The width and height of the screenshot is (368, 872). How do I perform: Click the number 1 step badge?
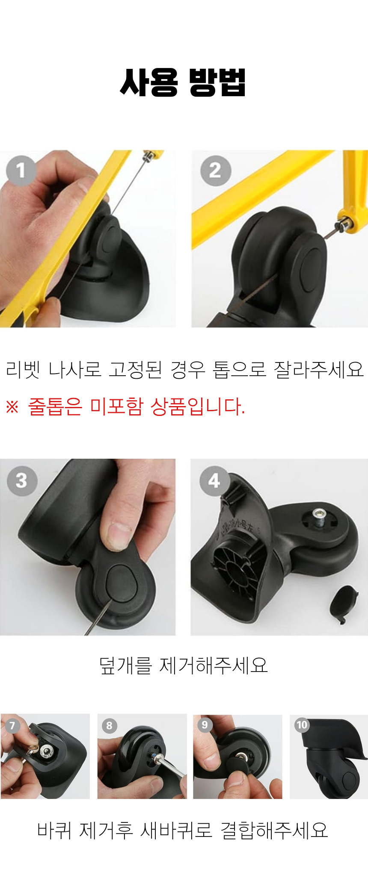coord(21,171)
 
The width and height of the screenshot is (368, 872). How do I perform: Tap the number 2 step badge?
coord(216,171)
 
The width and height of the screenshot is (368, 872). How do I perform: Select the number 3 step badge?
coord(22,480)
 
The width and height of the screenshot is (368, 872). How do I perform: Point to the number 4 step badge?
coord(215,481)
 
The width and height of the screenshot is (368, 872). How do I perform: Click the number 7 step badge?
coord(12,725)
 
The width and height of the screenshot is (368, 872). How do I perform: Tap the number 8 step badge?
coord(110,725)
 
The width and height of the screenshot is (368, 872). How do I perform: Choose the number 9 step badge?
coord(205,725)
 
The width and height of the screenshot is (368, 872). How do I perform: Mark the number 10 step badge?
coord(302,725)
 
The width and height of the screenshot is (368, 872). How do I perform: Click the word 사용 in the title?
coord(149,82)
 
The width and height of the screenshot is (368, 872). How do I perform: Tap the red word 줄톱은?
coord(55,406)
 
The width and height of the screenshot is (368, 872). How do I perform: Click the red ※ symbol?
coord(12,407)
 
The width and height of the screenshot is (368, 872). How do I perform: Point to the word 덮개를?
coord(125,665)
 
